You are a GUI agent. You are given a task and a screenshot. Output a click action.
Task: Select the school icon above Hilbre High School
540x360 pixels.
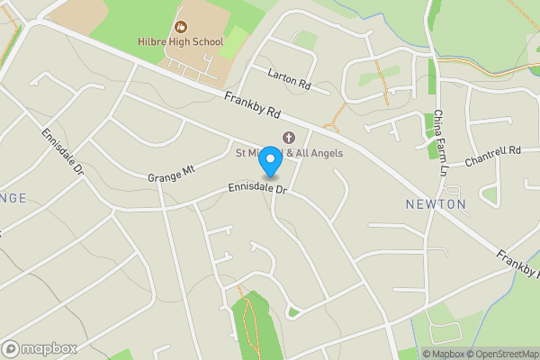pyautogui.click(x=179, y=26)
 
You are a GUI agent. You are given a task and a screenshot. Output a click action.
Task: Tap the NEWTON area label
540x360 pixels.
pyautogui.click(x=436, y=204)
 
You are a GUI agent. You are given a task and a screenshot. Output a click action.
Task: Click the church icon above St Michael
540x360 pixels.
pyautogui.click(x=288, y=138)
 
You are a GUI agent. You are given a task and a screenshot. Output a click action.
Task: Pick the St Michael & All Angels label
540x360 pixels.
pyautogui.click(x=289, y=153)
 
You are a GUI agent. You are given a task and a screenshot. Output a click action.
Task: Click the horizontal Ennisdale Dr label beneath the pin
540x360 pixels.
pyautogui.click(x=256, y=190)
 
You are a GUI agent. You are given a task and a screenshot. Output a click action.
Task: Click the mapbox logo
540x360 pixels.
pyautogui.click(x=40, y=348)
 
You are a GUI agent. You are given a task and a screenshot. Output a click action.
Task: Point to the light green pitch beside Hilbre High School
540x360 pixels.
pyautogui.click(x=235, y=41)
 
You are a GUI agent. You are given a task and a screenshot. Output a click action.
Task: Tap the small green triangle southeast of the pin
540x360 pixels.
pyautogui.click(x=292, y=312)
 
